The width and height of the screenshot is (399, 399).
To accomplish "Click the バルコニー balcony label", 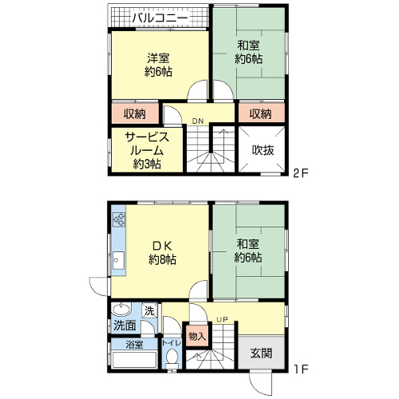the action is point(160,18).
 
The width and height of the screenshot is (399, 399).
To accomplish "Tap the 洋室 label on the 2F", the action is point(158,58).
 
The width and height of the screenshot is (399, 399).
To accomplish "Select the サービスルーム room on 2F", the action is point(147,151).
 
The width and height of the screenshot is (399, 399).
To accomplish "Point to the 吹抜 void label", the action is point(263,150).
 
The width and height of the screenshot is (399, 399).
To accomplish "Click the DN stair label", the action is point(198,121).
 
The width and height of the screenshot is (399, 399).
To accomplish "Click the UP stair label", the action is point(222,319).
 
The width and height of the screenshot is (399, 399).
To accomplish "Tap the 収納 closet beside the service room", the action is point(135,113).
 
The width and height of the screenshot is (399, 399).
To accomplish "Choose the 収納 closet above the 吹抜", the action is point(262,113).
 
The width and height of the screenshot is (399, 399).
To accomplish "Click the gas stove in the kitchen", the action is point(119,219).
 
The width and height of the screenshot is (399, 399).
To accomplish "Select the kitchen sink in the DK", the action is point(118,260).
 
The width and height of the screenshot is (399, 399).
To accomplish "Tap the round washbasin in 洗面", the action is point(121,310).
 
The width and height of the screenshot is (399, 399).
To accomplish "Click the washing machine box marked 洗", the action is point(149,310).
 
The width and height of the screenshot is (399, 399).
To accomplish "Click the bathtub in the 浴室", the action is point(134,360).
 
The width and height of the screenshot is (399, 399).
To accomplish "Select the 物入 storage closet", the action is point(197,336).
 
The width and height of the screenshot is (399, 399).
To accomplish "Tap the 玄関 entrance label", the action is point(261,354).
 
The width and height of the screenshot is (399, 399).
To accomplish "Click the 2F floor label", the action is point(300,173).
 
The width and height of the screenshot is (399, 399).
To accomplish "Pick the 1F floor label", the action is point(301,369).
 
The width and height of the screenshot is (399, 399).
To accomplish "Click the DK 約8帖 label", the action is point(162,252).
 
